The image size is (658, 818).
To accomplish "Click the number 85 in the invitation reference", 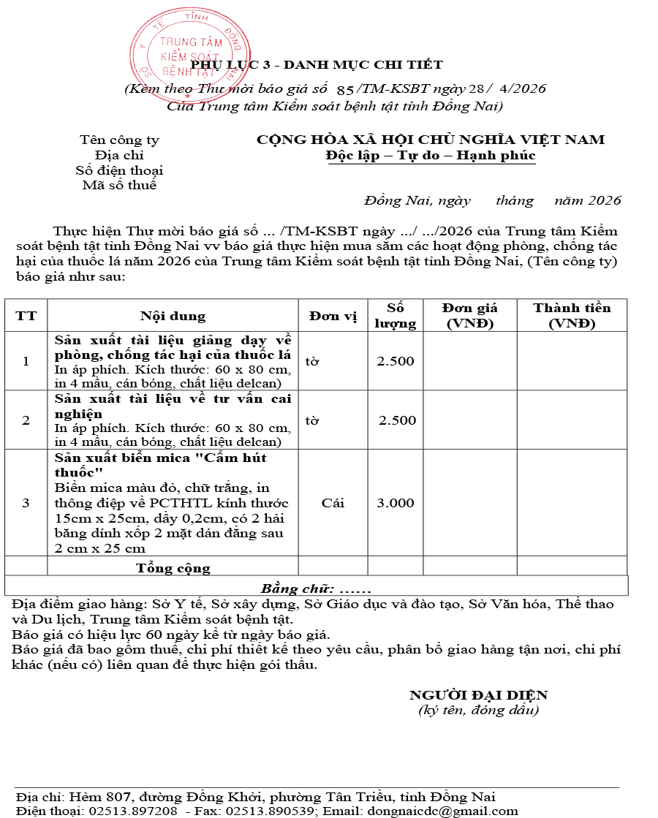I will coord(345,89).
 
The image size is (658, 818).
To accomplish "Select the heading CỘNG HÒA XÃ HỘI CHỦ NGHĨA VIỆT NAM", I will coord(431,140).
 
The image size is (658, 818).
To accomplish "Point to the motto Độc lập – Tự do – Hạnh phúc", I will coord(431,156).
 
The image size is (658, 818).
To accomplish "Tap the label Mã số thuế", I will coord(119,185).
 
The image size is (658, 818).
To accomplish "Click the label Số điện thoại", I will coord(119,170).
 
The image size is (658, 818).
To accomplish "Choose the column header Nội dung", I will coord(173,316).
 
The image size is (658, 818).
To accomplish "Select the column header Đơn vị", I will coord(333,316).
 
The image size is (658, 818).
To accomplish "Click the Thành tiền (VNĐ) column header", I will coord(572,316).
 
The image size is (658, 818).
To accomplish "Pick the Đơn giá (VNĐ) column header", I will coord(469,316).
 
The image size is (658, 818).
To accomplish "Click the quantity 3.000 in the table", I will coord(395,503).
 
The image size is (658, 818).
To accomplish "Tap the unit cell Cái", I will coord(333,503).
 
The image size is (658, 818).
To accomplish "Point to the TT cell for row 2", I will coord(26,420).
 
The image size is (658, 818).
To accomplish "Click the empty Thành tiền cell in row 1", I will coord(572,361).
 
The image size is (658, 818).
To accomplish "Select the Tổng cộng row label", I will coord(173,568).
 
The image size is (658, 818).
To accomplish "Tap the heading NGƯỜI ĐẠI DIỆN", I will coord(478,695).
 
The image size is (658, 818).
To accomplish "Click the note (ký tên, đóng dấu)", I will coord(478,710).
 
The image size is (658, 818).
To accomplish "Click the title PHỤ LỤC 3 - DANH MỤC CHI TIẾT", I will coord(317,65).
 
